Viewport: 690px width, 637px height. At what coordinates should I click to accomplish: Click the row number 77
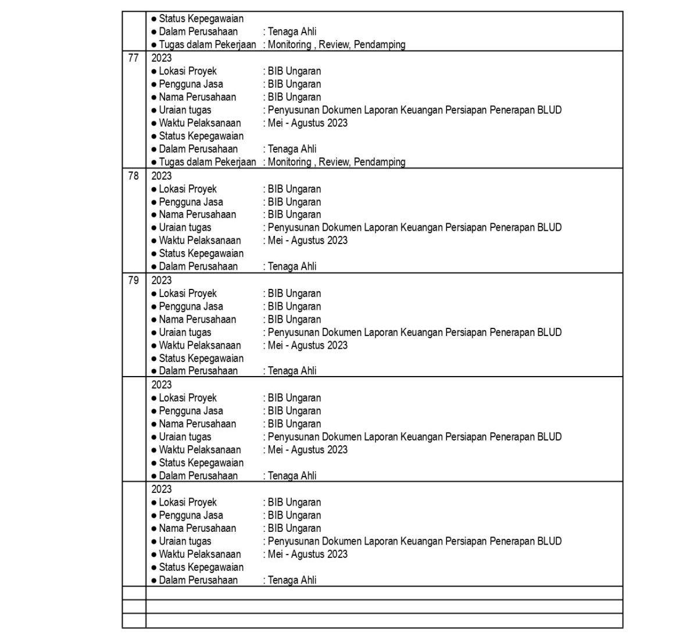point(133,58)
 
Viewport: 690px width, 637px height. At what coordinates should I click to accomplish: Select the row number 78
point(133,176)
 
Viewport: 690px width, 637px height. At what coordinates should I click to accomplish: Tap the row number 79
point(133,280)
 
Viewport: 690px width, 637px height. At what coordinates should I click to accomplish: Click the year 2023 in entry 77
point(162,58)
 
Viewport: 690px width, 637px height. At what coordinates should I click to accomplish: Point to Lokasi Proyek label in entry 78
point(187,189)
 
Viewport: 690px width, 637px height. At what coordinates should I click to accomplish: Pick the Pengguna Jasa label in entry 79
point(191,306)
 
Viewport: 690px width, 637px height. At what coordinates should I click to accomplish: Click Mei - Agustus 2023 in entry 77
point(308,123)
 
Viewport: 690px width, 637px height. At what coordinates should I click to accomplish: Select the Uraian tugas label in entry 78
point(185,227)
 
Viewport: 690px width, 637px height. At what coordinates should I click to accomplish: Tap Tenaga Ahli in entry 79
point(292,371)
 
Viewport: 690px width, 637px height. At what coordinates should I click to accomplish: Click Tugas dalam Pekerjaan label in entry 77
point(207,162)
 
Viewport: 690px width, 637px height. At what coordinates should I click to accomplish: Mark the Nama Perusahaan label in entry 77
point(197,97)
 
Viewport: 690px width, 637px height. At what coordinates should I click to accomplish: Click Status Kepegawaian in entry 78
point(201,253)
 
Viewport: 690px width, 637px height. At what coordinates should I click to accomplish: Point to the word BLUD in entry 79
point(549,332)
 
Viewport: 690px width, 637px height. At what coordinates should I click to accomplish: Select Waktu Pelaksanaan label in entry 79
point(199,345)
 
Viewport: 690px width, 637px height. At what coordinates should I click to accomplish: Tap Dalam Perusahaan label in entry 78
point(198,266)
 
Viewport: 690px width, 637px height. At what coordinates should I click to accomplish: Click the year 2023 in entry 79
point(162,280)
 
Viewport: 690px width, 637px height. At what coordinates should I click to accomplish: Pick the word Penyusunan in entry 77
point(294,110)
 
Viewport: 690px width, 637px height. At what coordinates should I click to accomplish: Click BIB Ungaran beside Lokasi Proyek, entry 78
point(294,189)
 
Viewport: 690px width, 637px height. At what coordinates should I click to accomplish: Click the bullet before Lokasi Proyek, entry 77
point(154,71)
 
